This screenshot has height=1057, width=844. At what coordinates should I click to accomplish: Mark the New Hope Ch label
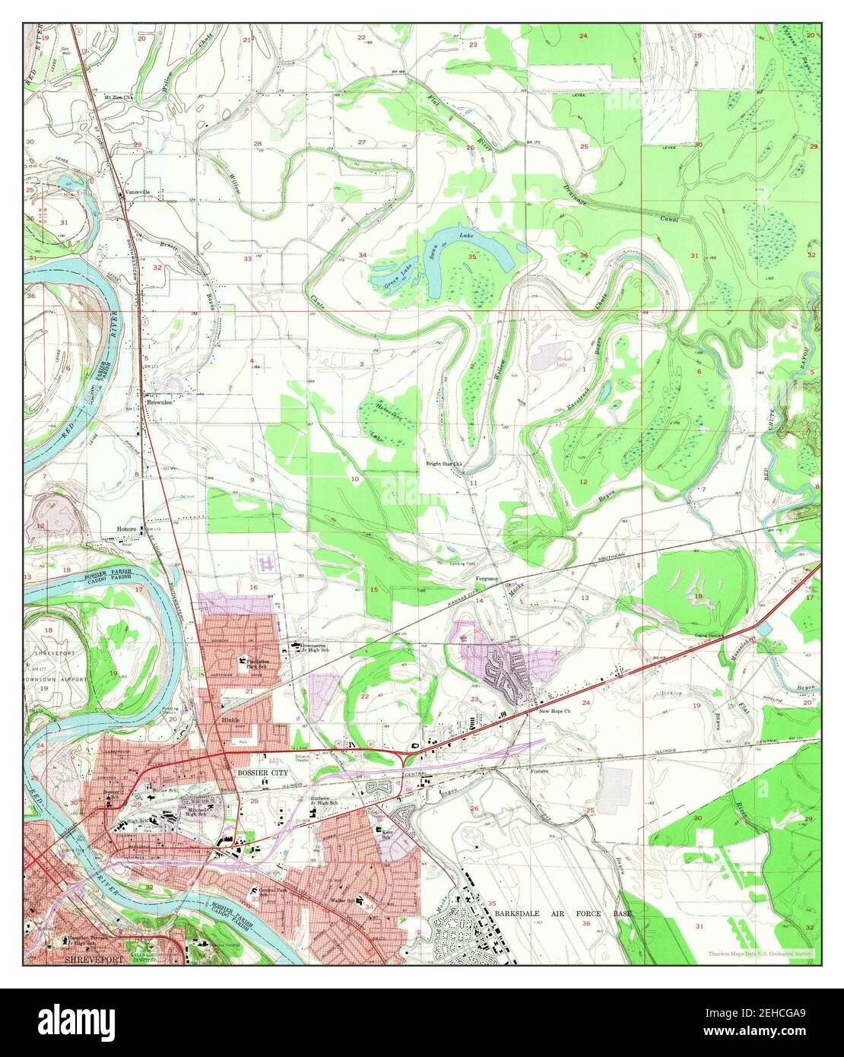coord(554,712)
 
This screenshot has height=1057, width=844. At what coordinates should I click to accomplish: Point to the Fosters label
coord(539,770)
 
